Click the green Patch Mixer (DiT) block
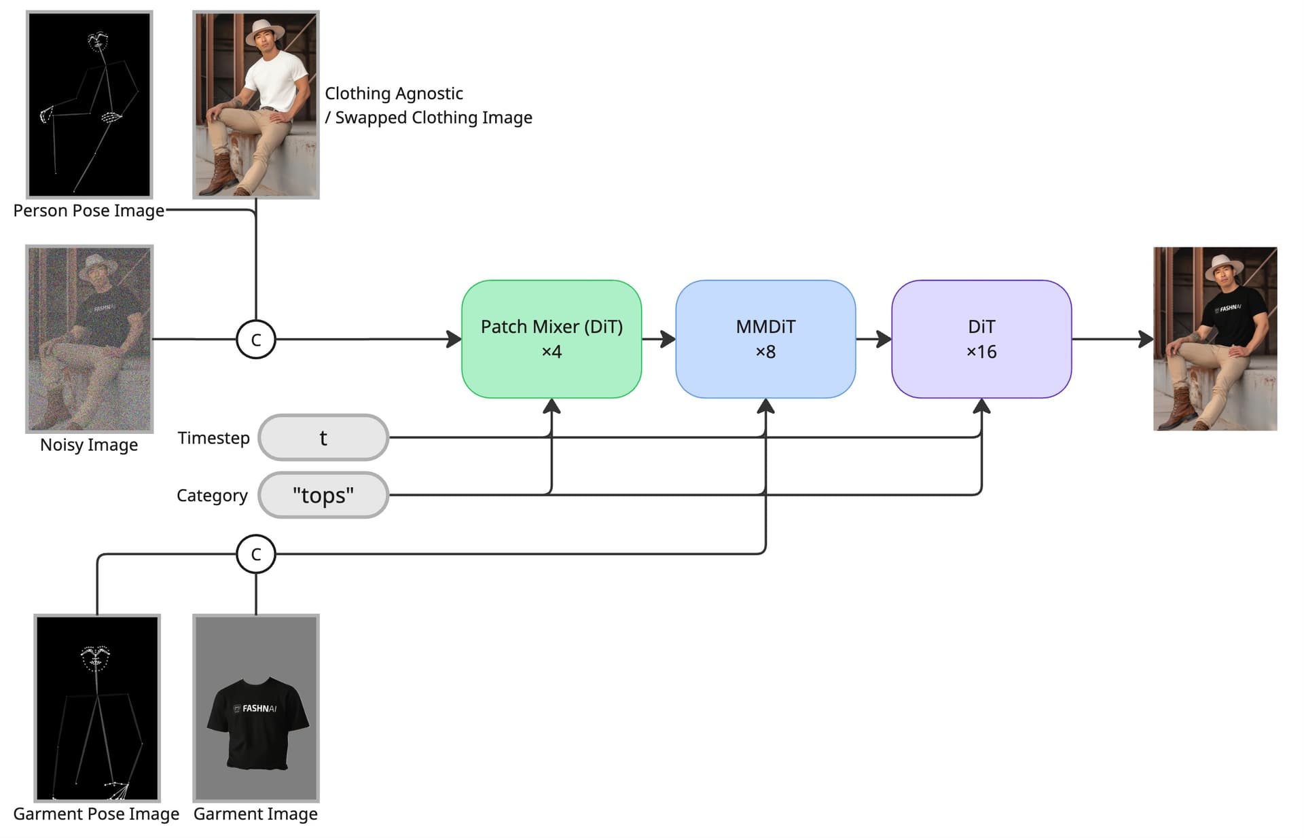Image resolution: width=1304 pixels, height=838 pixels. coord(551,338)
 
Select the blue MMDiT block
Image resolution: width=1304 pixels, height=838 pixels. coord(765,338)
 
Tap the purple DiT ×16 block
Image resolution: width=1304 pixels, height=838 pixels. coord(981,338)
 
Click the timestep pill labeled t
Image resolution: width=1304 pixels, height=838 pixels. coord(323,438)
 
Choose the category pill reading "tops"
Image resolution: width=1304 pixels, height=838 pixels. coord(323,495)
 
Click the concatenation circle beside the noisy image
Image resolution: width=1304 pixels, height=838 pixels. coord(256,340)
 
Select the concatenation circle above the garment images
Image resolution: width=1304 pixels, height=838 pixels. coord(256,554)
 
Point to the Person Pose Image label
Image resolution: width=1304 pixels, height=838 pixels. coord(89,211)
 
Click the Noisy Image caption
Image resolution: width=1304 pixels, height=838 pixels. coord(89,445)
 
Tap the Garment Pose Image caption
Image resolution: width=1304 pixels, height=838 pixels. coord(96,814)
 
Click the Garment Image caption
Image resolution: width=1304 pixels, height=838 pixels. coord(255,814)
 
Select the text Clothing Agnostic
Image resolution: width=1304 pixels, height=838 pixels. coord(394,94)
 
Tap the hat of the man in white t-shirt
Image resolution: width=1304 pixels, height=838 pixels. coord(265,31)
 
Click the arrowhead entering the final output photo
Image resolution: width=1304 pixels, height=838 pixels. coord(1146,338)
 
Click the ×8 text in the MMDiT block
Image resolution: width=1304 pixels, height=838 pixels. coord(765,352)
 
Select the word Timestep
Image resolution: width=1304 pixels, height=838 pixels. coord(213,438)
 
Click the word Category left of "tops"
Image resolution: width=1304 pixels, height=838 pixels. coord(212,496)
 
